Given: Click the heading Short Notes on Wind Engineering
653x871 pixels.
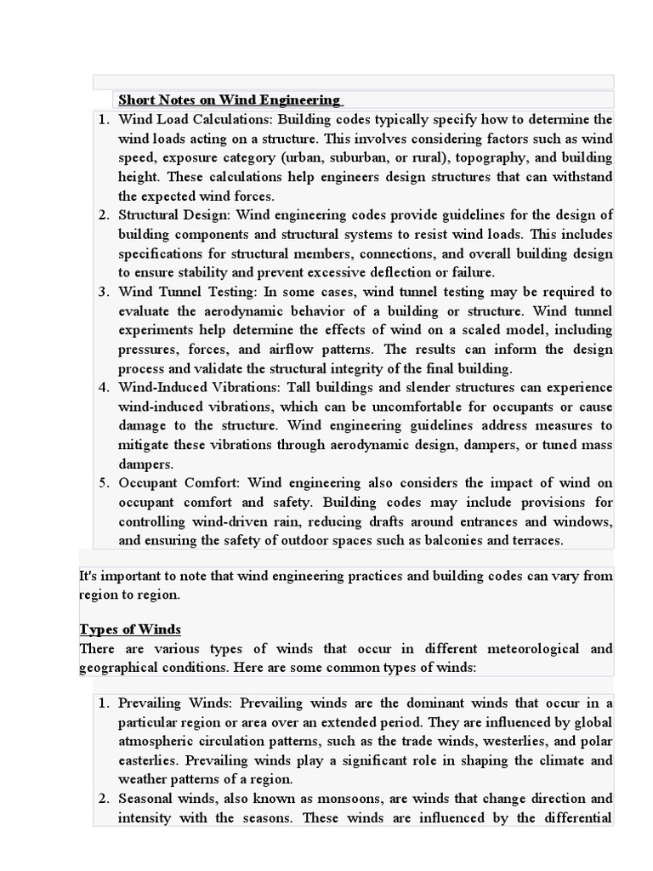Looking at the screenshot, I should tap(230, 100).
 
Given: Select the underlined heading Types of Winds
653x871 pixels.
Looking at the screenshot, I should tap(130, 629).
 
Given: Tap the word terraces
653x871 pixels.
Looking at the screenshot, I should tap(537, 540).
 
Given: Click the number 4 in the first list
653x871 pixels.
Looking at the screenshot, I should tap(103, 388).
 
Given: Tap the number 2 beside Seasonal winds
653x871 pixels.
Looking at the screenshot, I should tap(103, 800).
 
